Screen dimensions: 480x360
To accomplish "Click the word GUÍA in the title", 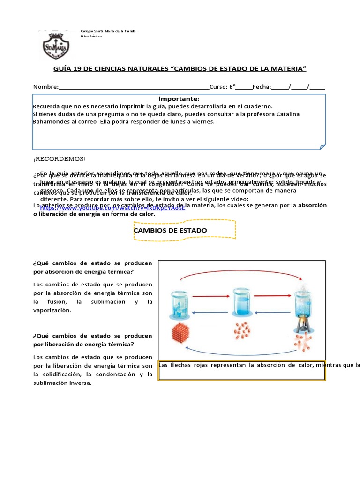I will (x=67, y=69).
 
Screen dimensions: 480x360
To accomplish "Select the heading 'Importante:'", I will (x=179, y=99).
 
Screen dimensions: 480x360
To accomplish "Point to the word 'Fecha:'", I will (x=262, y=87).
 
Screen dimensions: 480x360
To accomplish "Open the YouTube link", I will (x=112, y=207).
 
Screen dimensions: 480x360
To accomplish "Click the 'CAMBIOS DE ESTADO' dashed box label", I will (x=170, y=230).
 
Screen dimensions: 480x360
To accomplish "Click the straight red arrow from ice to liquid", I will (x=210, y=296).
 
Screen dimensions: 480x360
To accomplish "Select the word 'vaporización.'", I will (x=52, y=310).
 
